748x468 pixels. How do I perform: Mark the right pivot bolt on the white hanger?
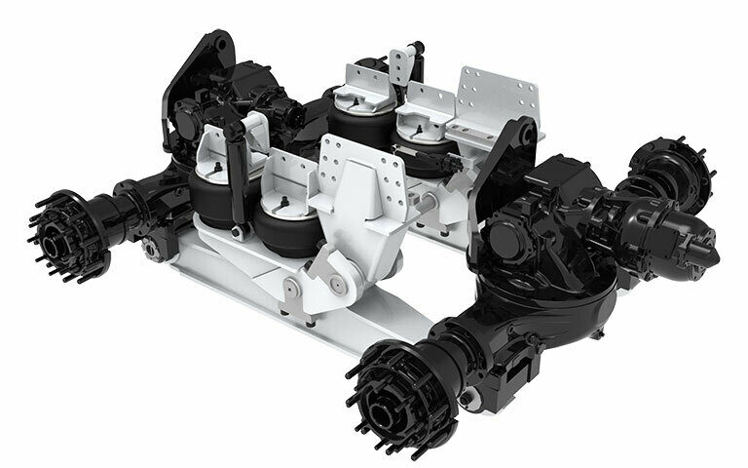click(x=336, y=282)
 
